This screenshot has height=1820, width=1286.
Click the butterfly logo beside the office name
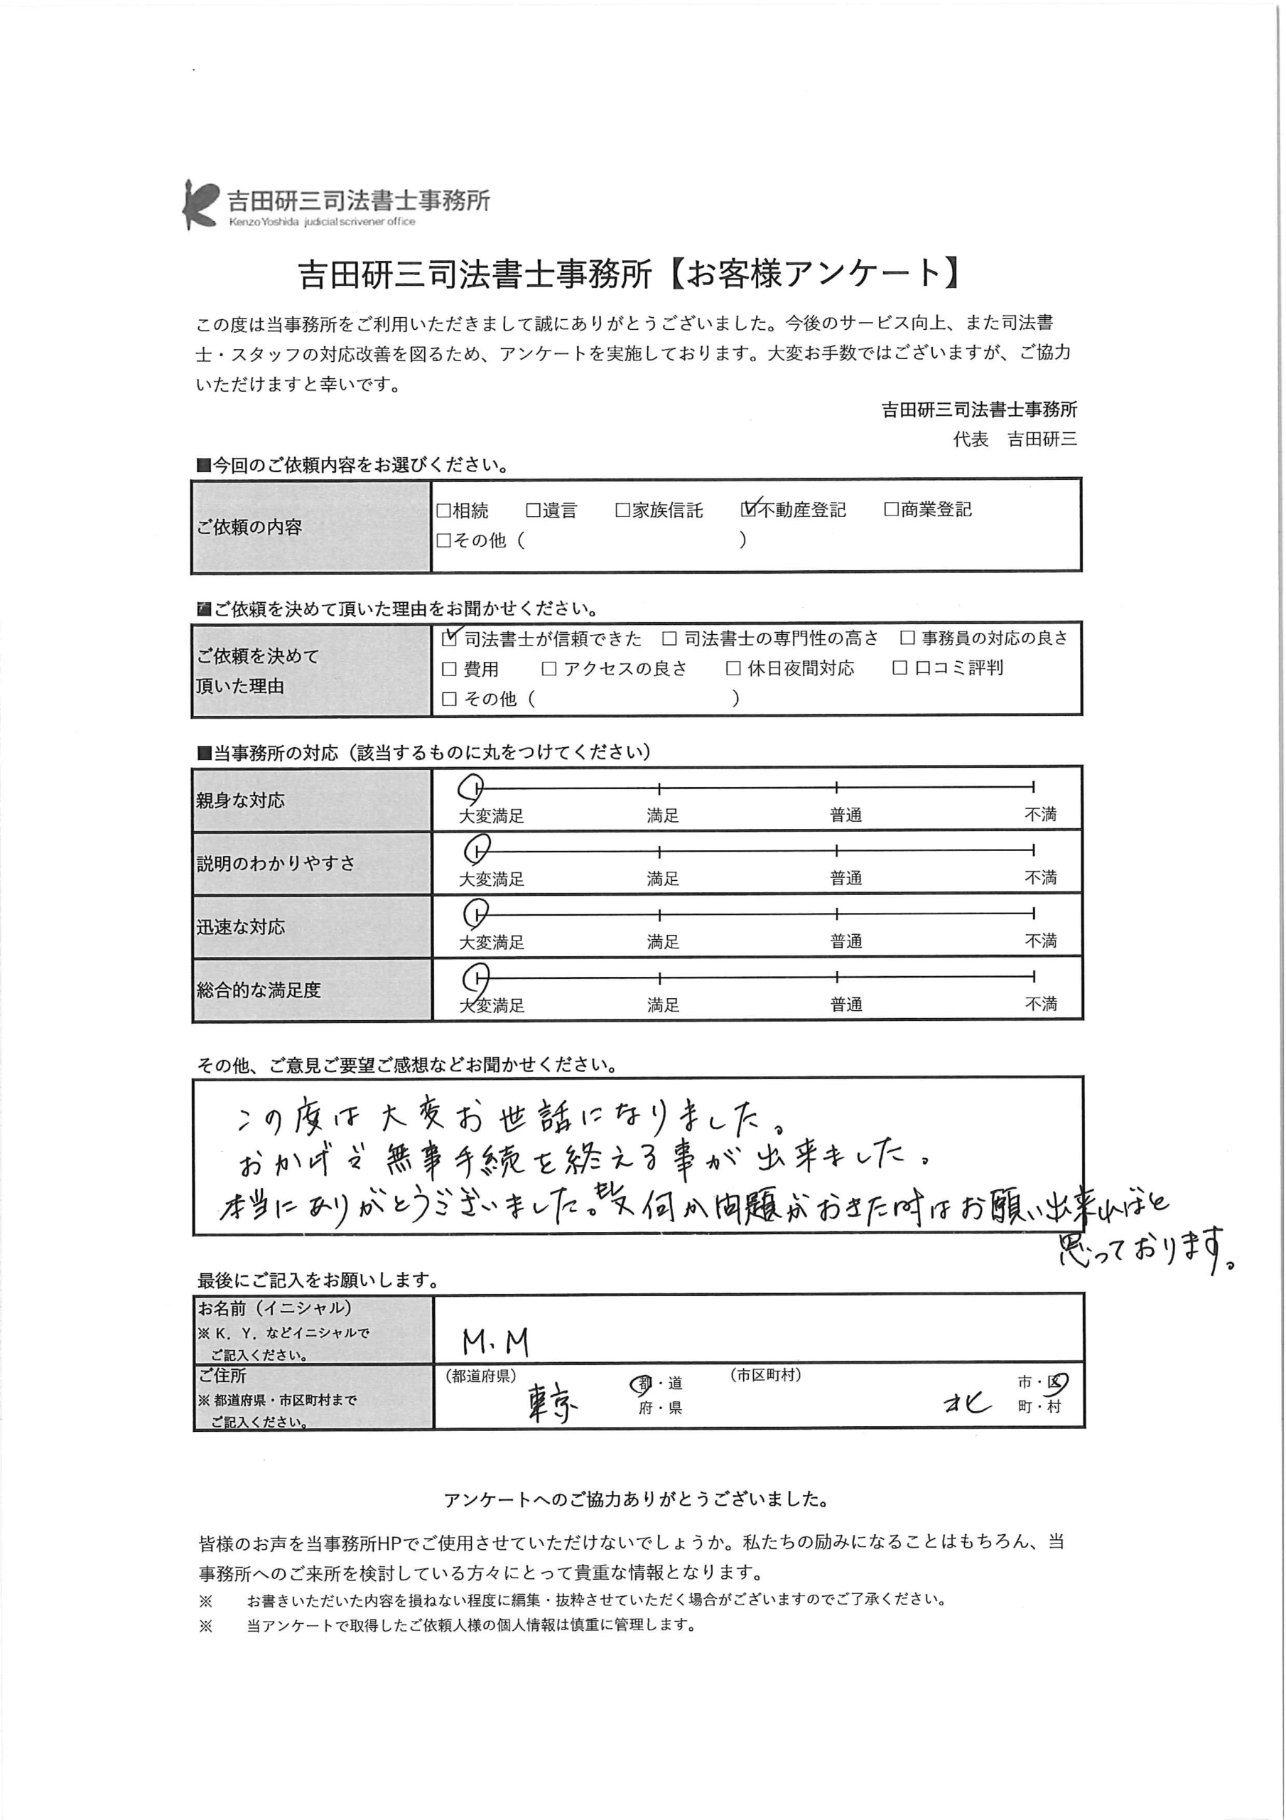tap(199, 204)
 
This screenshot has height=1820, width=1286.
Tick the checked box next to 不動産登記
tap(749, 509)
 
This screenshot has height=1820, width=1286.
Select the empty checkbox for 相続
tap(444, 510)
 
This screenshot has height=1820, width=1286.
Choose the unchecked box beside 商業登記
tap(891, 509)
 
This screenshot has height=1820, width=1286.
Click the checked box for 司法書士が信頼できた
tap(449, 638)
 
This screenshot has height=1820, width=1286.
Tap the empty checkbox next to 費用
tap(449, 669)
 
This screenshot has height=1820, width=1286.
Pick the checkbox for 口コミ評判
tap(899, 668)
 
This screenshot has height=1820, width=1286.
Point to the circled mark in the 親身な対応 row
tap(472, 787)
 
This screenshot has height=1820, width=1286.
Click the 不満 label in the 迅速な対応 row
tap(1040, 941)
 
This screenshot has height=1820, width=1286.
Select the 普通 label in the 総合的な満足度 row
tap(845, 1005)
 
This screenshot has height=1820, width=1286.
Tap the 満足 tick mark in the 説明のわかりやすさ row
tap(659, 851)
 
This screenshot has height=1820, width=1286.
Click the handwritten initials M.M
tap(495, 1342)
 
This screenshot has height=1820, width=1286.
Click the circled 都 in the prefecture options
tap(642, 1384)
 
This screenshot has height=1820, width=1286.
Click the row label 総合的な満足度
tap(259, 990)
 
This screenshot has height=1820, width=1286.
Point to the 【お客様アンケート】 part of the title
tap(816, 274)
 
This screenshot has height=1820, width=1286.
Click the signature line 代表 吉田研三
tap(1014, 439)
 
